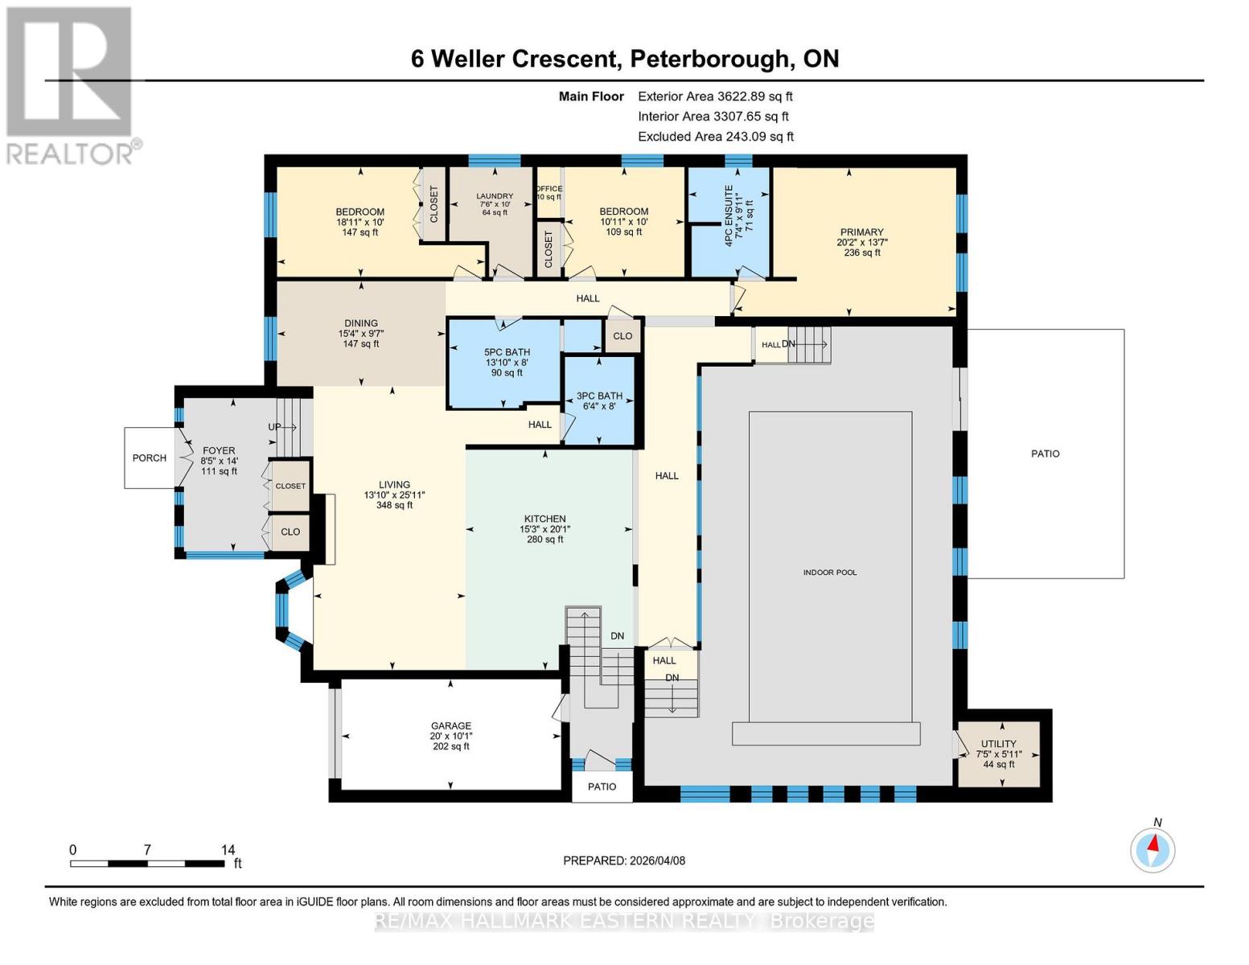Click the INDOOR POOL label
[829, 573]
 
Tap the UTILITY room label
[998, 744]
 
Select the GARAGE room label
[450, 725]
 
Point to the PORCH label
[150, 458]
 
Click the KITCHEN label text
[544, 519]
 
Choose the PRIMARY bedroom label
[861, 232]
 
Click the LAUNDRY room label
[494, 196]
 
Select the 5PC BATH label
[507, 352]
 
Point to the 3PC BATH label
[599, 396]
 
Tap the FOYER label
[219, 451]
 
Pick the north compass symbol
[1152, 849]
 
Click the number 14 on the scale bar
[228, 850]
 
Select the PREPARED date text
[624, 860]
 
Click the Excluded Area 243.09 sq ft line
[715, 137]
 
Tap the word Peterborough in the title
[709, 59]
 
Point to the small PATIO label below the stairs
[602, 786]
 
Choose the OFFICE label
[549, 189]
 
